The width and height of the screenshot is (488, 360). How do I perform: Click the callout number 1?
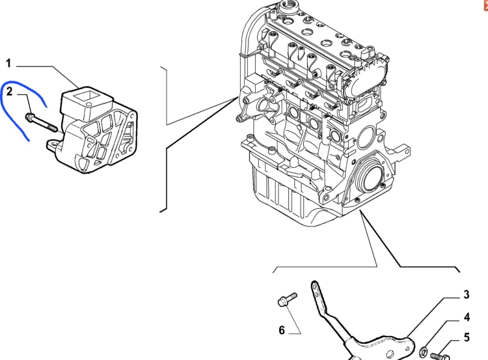tap(8, 64)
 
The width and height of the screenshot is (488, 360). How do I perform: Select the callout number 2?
tap(9, 92)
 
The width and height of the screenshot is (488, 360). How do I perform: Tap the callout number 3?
tap(467, 295)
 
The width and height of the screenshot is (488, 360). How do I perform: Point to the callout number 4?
tap(467, 317)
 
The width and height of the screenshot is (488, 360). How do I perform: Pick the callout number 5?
tap(467, 337)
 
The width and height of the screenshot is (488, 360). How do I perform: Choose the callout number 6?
tap(282, 330)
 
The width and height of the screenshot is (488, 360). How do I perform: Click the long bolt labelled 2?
tap(41, 122)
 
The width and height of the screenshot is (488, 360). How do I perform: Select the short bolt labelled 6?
tap(287, 299)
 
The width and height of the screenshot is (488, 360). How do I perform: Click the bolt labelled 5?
tap(440, 355)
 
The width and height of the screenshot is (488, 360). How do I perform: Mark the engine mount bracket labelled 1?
tap(93, 130)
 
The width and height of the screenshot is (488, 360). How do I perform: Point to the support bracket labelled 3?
tap(367, 330)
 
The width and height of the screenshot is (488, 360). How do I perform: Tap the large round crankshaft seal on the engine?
tap(372, 179)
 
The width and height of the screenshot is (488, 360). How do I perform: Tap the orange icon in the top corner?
tap(486, 5)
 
